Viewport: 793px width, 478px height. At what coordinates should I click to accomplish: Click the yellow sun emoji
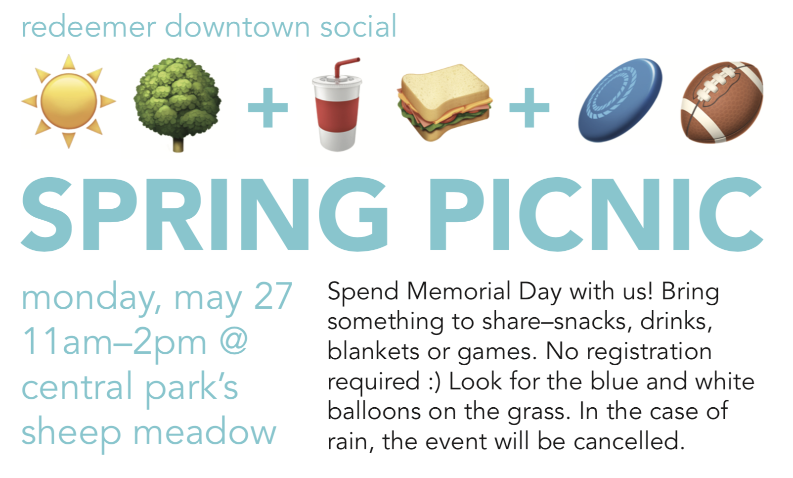(x=69, y=101)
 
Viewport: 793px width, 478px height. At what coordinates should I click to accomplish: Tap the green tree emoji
(x=177, y=105)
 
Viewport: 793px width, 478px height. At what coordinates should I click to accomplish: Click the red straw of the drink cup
(x=345, y=67)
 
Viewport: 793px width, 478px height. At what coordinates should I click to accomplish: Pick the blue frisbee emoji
(x=620, y=100)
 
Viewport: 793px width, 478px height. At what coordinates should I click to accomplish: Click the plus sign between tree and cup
(x=267, y=107)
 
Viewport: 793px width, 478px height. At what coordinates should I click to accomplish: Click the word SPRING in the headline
(x=205, y=215)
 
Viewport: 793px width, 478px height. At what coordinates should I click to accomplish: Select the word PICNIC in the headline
(x=596, y=215)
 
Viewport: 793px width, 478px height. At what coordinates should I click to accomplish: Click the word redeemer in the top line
(x=89, y=27)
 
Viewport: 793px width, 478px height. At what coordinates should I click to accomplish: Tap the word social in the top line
(x=358, y=26)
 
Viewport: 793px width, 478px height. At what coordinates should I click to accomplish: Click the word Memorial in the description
(x=459, y=291)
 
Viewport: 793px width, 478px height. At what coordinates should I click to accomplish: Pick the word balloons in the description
(x=374, y=411)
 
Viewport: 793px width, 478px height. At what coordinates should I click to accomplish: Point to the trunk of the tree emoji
(x=178, y=144)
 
